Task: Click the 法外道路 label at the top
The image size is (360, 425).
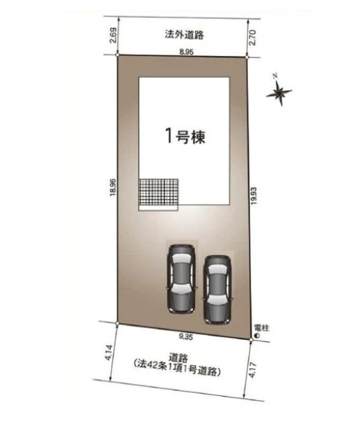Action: (x=184, y=35)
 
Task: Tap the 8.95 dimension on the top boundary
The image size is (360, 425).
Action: (x=186, y=52)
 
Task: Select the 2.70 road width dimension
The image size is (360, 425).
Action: (x=252, y=38)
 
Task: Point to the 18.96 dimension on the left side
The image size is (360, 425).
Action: (x=113, y=187)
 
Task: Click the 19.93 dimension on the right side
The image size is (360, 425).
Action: (x=254, y=196)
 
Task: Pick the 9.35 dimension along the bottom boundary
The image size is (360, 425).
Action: (x=186, y=337)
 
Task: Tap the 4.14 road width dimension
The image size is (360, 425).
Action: (x=108, y=352)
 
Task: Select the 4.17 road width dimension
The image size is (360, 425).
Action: (x=252, y=370)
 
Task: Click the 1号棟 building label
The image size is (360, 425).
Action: (x=186, y=136)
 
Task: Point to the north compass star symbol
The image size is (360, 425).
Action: (x=279, y=91)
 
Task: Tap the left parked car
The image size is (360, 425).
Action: (x=181, y=278)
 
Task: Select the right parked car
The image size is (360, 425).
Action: (x=217, y=290)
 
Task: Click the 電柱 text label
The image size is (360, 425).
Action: (x=261, y=328)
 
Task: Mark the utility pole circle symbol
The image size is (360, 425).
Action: (x=257, y=336)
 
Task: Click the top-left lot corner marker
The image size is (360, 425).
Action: (x=117, y=55)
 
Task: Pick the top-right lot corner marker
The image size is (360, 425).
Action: (x=247, y=57)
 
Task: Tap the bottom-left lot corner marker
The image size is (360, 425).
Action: (x=117, y=324)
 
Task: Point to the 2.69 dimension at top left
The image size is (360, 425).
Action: (x=114, y=35)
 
